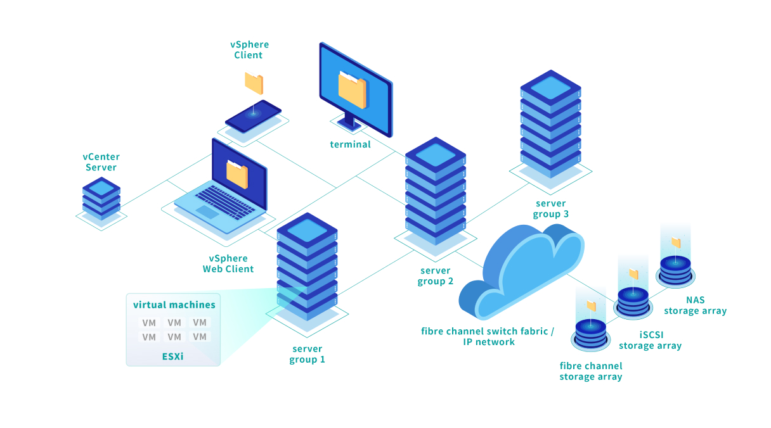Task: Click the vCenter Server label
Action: point(101,162)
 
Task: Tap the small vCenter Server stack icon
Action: point(101,198)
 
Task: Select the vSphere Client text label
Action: point(249,50)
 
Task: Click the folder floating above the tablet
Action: point(254,83)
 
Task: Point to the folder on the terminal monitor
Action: point(352,89)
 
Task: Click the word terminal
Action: point(351,144)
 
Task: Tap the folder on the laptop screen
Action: point(237,173)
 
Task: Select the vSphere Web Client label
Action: point(228,263)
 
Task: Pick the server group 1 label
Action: point(308,354)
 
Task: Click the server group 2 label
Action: point(436,276)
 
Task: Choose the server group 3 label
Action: point(551,208)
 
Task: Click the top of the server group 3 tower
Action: point(550,86)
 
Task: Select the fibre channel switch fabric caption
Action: point(488,336)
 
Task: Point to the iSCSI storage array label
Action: point(650,340)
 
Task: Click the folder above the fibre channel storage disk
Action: point(591,306)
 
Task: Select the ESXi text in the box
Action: point(172,356)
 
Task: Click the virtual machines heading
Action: point(174,305)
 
